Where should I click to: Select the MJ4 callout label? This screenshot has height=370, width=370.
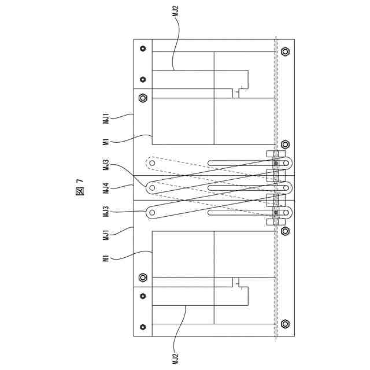point(106,188)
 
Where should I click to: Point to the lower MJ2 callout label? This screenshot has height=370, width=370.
point(176,358)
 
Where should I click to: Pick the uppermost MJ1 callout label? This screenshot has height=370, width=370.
point(106,119)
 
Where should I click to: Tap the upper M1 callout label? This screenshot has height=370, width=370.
point(106,142)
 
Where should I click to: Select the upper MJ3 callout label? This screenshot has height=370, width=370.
point(106,165)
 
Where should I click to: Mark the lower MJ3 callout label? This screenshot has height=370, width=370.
point(106,212)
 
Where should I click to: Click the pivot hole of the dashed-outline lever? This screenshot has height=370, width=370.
point(152,164)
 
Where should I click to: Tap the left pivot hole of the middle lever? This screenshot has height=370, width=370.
point(152,188)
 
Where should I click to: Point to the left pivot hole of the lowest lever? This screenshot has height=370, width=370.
point(152,212)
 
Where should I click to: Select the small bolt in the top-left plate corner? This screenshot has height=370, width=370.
point(143,49)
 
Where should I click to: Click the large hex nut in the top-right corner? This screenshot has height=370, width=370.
point(284,51)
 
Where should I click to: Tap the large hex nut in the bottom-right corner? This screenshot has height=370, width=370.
point(284,324)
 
